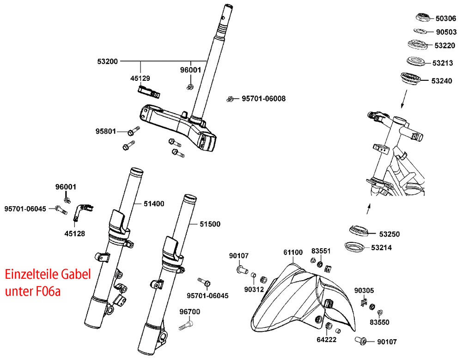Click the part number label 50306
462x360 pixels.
pos(446,19)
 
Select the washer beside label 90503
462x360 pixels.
pos(420,31)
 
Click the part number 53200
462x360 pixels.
pos(108,61)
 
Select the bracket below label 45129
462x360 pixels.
pos(149,91)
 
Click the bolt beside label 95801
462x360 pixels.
pos(132,132)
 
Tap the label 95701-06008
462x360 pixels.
pos(263,99)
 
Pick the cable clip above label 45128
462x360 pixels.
pos(84,210)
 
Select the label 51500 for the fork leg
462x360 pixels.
pos(210,224)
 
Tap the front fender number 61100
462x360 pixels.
pos(293,252)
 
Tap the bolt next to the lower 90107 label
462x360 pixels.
pos(360,342)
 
